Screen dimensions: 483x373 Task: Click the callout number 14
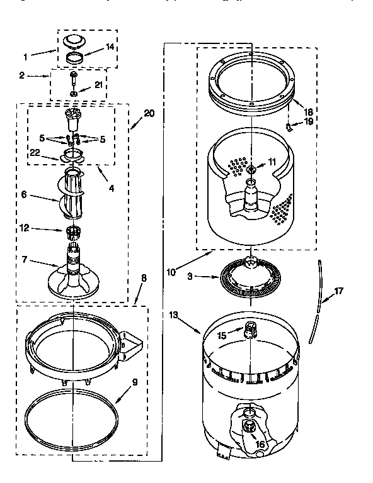(x=110, y=47)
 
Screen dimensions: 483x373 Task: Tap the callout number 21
(x=98, y=86)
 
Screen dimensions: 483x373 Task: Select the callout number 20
(x=149, y=113)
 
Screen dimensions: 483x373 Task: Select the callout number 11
(x=272, y=162)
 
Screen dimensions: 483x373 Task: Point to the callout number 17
(x=339, y=291)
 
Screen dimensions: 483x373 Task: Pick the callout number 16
(x=260, y=444)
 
